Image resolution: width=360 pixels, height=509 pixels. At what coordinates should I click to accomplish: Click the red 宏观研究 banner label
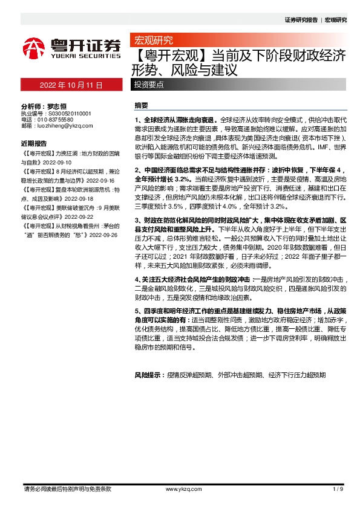click(x=152, y=41)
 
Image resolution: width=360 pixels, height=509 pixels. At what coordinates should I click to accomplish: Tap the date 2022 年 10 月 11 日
click(x=70, y=85)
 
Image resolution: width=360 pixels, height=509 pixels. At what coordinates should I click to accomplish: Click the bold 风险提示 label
click(x=149, y=375)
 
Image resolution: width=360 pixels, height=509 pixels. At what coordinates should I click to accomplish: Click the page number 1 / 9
click(x=338, y=488)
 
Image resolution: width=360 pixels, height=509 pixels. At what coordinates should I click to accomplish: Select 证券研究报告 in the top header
click(x=301, y=20)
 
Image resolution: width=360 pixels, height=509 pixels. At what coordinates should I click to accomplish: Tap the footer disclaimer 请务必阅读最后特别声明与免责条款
click(x=67, y=488)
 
